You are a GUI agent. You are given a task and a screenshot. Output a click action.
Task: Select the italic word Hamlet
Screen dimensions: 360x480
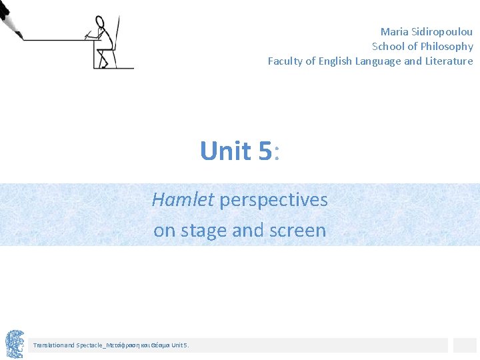(183, 199)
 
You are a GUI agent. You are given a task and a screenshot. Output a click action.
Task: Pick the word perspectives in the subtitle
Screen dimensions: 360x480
(274, 199)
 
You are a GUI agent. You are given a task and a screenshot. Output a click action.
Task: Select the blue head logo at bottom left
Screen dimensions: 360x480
(15, 344)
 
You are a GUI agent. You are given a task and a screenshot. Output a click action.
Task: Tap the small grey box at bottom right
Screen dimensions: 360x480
(465, 345)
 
